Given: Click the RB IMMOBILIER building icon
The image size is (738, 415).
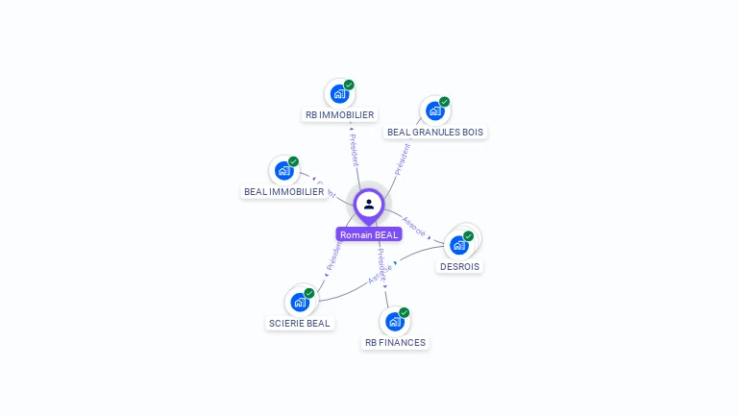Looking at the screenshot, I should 338,93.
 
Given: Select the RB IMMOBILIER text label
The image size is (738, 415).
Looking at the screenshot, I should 339,115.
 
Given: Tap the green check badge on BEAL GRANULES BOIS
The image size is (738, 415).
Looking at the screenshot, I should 444,102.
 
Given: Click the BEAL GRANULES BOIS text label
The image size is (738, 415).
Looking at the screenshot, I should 435,132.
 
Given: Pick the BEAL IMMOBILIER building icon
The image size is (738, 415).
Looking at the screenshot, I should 283,171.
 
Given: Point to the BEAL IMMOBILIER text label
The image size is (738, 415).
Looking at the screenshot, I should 283,192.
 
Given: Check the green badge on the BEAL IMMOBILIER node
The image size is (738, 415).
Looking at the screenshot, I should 293,161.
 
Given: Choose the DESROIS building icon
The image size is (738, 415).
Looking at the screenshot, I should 459,245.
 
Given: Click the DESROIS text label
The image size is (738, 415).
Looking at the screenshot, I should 459,266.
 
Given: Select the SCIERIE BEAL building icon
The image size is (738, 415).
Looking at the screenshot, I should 300,303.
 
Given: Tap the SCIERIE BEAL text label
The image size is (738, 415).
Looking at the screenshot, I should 300,324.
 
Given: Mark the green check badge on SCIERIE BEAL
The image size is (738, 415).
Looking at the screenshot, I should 309,293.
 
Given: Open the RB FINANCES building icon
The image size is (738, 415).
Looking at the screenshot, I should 394,322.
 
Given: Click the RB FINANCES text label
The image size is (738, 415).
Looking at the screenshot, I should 395,343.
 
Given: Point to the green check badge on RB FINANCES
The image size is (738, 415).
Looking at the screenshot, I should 404,312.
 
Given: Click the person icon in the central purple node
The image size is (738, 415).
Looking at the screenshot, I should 369,204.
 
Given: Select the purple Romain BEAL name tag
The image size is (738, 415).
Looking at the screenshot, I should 369,234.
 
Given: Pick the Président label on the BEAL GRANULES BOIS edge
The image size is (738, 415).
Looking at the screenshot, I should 403,159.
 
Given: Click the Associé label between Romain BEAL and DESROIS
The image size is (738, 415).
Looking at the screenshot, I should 414,225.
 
